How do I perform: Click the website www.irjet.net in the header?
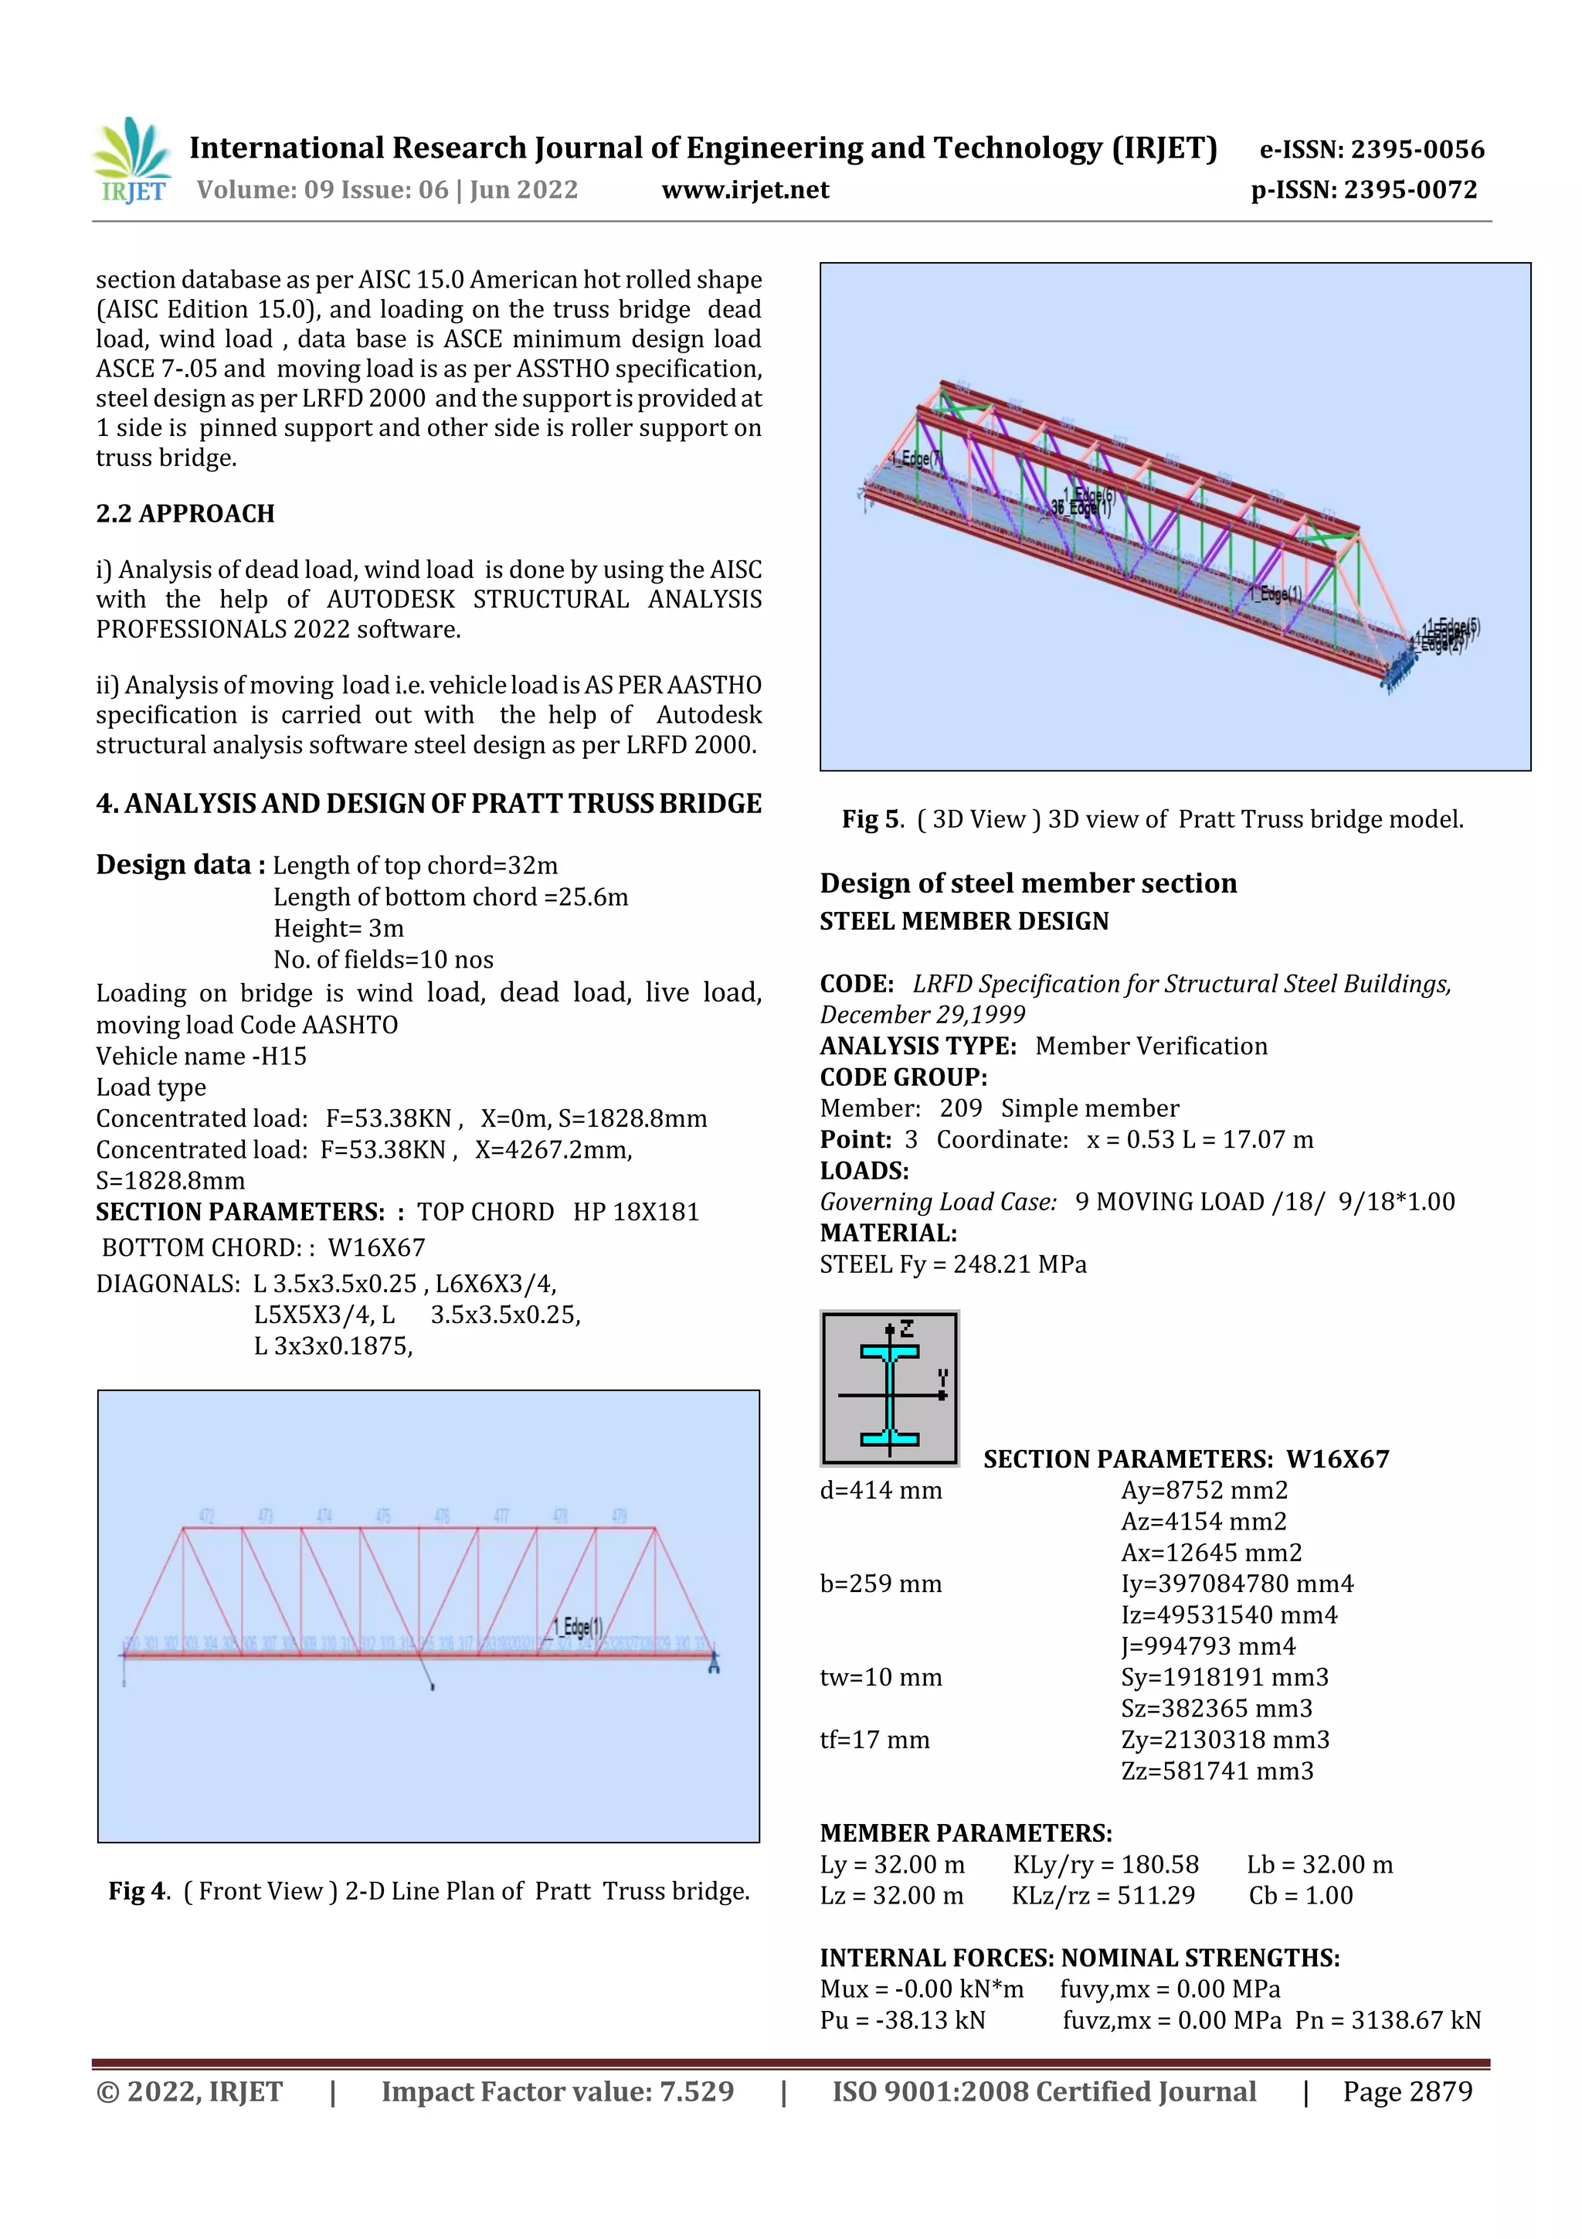(x=745, y=189)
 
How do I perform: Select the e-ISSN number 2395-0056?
(x=1371, y=149)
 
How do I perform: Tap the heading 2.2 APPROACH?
(x=185, y=514)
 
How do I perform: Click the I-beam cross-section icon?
(x=889, y=1387)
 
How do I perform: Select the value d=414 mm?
(x=880, y=1490)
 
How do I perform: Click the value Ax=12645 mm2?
(x=1210, y=1553)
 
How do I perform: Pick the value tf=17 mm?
(x=874, y=1740)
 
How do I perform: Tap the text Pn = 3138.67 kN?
(x=1387, y=2020)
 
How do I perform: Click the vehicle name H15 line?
(x=201, y=1056)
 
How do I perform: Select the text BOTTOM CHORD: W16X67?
(x=263, y=1247)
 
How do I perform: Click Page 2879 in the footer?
(x=1407, y=2091)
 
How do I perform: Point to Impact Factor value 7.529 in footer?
(x=557, y=2091)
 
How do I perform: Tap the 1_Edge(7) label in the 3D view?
(x=915, y=458)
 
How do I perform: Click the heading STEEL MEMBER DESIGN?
(x=963, y=921)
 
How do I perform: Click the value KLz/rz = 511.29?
(x=1102, y=1895)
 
